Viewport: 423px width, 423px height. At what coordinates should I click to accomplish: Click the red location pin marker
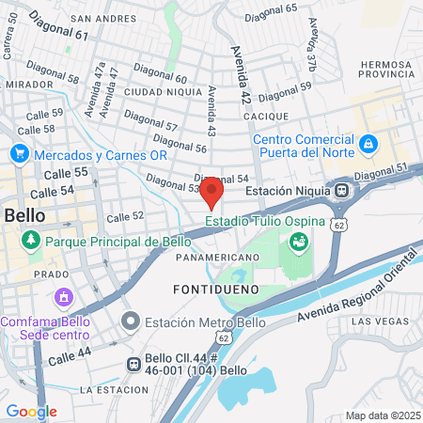(211, 190)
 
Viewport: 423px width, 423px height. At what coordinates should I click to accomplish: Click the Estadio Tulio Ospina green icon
(300, 243)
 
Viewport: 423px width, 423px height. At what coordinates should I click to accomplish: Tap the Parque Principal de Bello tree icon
(32, 241)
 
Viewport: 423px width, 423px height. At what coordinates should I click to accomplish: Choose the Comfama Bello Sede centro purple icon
(63, 298)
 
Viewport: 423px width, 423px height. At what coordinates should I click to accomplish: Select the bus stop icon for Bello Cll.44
(134, 364)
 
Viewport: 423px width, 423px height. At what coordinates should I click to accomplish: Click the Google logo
(31, 411)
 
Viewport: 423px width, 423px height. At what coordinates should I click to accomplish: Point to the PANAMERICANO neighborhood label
(216, 257)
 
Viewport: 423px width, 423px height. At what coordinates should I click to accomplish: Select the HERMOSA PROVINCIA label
(385, 70)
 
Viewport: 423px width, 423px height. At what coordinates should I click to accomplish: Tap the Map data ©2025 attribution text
(381, 415)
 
